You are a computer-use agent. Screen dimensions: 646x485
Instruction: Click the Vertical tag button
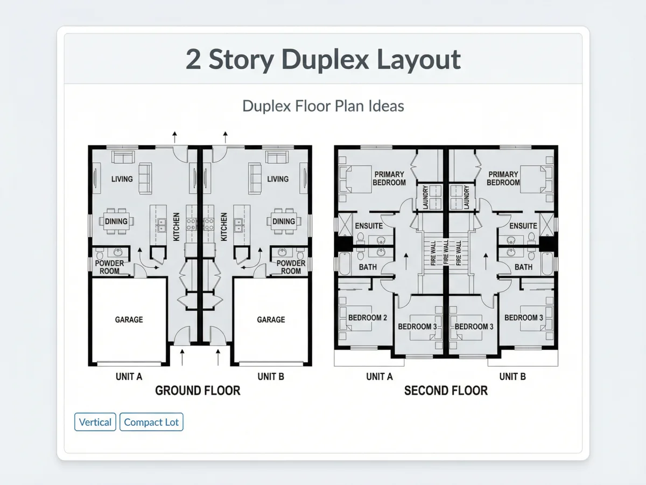tap(95, 422)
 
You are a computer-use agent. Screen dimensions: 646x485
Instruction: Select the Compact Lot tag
tap(151, 422)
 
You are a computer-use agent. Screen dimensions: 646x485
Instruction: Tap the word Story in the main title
tap(242, 60)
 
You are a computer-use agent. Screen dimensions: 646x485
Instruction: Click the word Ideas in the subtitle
tap(386, 106)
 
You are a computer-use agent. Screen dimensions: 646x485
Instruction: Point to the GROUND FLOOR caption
tap(198, 391)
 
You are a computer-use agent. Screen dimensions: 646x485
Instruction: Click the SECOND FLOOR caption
tap(446, 391)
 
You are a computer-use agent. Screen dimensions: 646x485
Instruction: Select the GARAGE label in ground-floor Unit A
tap(129, 320)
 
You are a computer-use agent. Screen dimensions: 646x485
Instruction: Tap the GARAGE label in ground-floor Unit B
tap(271, 320)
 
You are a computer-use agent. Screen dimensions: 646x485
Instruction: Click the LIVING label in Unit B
tap(278, 179)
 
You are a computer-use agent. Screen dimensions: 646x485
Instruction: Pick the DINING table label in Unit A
tap(116, 221)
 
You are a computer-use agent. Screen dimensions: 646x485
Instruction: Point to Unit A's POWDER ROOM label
tap(109, 267)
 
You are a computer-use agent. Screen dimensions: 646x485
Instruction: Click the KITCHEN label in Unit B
tap(224, 227)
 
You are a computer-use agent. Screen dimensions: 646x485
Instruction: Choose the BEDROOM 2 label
tap(368, 318)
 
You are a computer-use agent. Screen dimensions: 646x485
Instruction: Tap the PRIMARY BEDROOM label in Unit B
tap(503, 178)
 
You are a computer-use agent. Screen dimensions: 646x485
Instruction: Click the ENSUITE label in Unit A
tap(369, 226)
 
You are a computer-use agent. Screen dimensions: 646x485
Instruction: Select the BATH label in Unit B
tap(523, 267)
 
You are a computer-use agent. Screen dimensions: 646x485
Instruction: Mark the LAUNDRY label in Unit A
tap(425, 197)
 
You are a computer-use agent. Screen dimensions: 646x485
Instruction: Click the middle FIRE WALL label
tap(446, 252)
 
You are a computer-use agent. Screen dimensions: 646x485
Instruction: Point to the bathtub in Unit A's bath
tap(345, 264)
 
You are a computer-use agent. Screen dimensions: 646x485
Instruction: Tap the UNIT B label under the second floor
tap(512, 377)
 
